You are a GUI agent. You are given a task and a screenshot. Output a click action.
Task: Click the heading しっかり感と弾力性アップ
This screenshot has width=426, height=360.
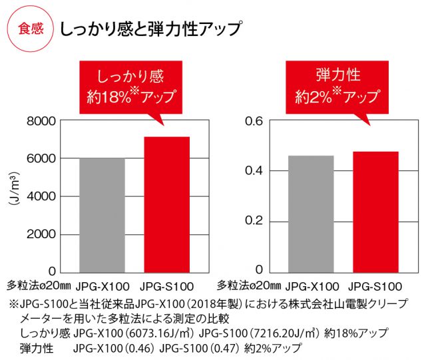point(150,30)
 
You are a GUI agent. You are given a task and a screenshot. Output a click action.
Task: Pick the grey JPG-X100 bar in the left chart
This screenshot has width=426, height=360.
point(102,214)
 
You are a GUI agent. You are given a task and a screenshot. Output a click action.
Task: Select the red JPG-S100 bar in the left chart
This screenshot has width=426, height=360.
point(167,204)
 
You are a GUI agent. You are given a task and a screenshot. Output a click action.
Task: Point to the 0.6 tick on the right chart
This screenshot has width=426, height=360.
point(256,121)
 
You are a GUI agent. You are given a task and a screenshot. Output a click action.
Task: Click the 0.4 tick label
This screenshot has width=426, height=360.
point(256,171)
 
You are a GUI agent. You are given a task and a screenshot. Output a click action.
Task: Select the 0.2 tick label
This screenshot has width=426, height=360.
point(256,221)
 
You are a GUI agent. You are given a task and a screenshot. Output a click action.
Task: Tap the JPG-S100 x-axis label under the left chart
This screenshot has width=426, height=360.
point(167,287)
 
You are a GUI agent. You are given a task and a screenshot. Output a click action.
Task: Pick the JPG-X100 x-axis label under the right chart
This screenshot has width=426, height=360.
point(312,287)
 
